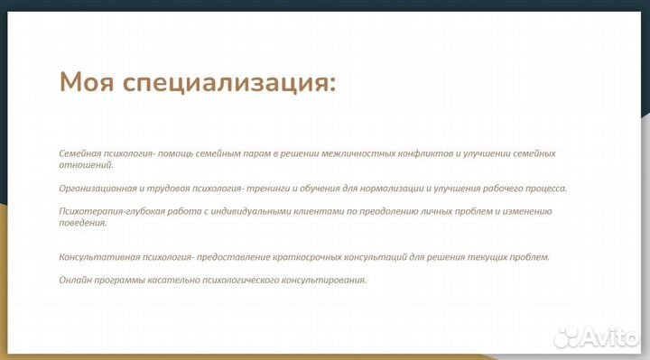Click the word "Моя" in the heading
[86, 83]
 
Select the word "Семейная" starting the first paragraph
[79, 153]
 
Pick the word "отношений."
[86, 165]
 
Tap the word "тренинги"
[266, 189]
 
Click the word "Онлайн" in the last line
[75, 280]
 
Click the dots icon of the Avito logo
[567, 336]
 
